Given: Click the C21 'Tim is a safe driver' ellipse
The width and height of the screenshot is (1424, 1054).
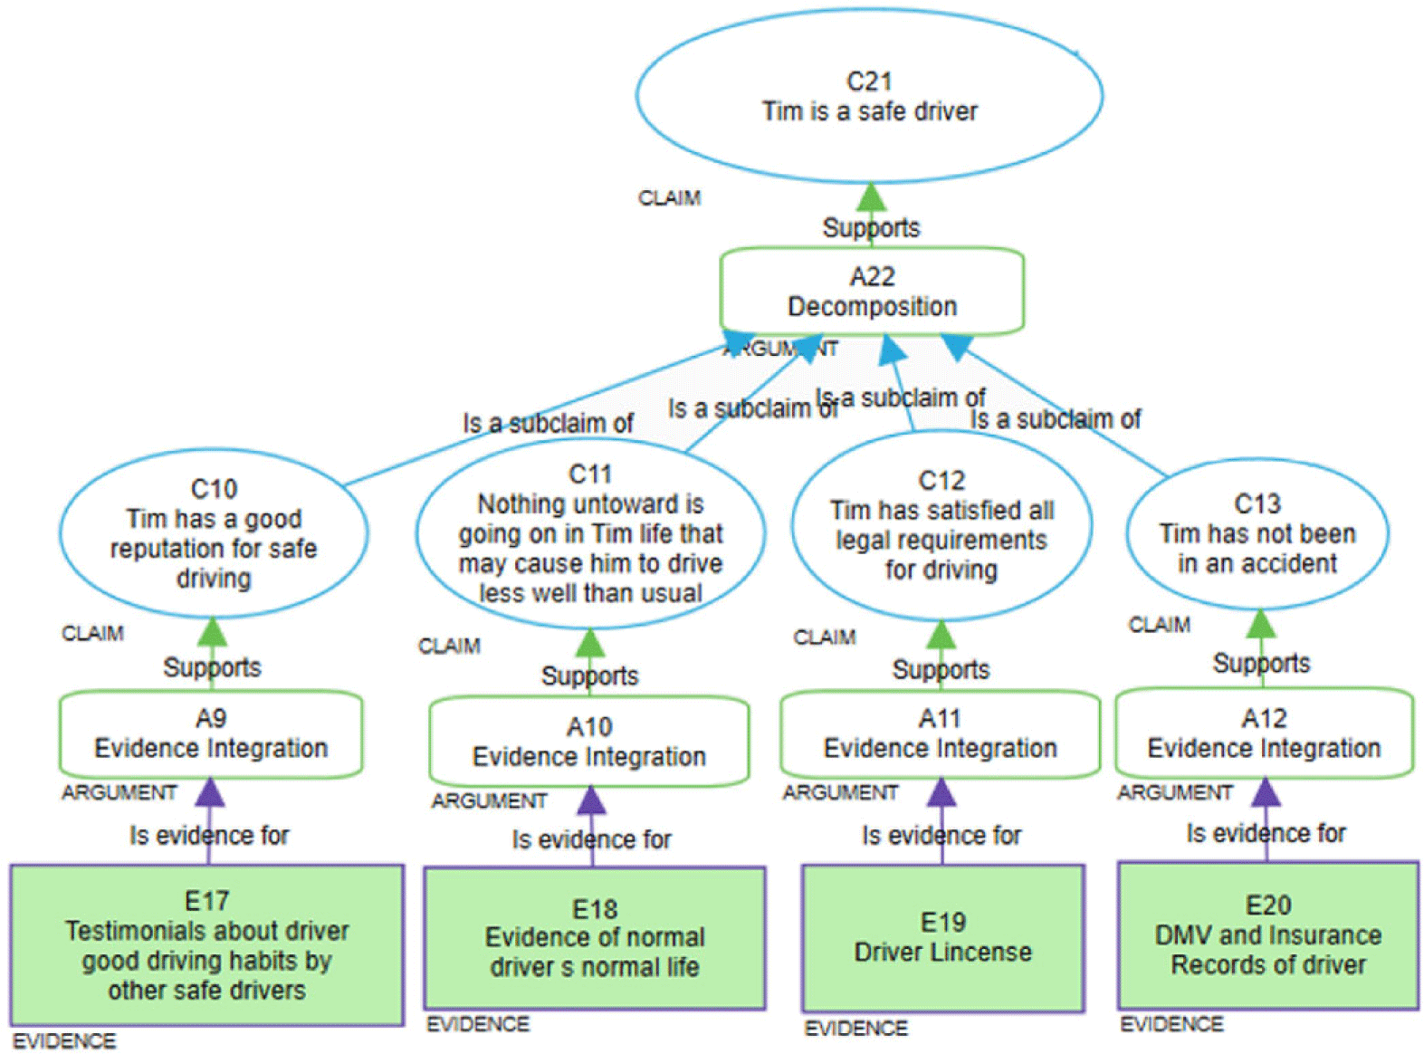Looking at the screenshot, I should (x=869, y=96).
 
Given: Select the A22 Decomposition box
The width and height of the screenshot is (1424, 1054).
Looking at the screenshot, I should (x=872, y=291).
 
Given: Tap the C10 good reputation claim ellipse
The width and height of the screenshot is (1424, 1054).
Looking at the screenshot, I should (x=214, y=533).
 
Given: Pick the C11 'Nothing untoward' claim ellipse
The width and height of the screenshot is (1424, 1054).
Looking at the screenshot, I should (x=590, y=534).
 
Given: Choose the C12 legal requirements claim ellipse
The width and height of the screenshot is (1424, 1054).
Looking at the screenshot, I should (x=941, y=525).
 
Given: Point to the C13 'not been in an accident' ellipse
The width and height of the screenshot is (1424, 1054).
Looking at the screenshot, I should (x=1257, y=533).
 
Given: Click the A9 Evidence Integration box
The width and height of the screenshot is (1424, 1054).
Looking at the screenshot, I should (x=211, y=734).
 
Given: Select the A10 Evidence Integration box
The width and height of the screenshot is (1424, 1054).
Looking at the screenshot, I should (x=589, y=742).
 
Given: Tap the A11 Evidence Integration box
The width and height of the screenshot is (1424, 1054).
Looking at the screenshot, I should (x=941, y=734).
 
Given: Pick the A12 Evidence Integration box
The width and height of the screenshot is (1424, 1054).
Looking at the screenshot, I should (x=1264, y=734).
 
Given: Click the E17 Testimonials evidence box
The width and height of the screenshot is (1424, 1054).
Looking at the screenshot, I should (x=207, y=945).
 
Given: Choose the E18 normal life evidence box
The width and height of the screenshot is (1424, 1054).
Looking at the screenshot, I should (x=595, y=938).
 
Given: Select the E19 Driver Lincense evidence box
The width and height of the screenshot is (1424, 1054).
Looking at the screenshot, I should (x=943, y=938).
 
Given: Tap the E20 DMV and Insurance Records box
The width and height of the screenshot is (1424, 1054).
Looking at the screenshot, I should (x=1268, y=935).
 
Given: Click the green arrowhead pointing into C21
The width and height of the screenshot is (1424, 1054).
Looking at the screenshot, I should (x=871, y=197).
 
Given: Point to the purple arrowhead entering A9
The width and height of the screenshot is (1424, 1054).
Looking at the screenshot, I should (x=210, y=793).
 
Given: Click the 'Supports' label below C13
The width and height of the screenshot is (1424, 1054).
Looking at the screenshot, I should (x=1261, y=664).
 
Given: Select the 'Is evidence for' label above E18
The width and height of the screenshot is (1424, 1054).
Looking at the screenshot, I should (x=591, y=840).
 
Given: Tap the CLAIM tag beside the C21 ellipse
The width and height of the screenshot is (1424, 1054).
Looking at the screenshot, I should (x=669, y=198).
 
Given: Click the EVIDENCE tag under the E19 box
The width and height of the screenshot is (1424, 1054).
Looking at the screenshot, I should (x=855, y=1029).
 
